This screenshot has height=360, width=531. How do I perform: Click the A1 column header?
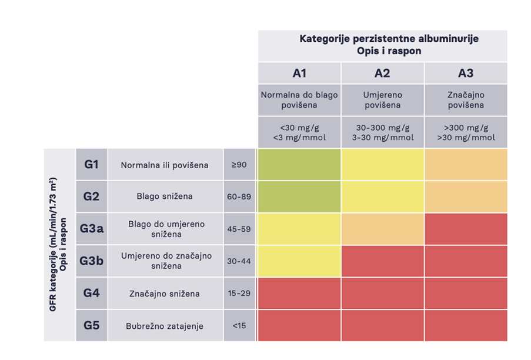[299, 74]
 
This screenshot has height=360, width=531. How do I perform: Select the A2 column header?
[382, 74]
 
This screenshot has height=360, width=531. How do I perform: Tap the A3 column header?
[466, 74]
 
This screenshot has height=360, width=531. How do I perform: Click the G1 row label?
[91, 165]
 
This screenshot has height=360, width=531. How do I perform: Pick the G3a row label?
[91, 229]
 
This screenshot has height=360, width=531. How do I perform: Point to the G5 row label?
[91, 325]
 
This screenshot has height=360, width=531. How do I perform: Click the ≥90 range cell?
[239, 165]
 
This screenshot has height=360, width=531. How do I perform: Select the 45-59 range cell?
[239, 229]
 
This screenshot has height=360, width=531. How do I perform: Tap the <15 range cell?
[239, 325]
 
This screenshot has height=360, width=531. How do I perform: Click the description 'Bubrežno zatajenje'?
[165, 325]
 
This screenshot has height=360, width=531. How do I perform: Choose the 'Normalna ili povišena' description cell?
[165, 165]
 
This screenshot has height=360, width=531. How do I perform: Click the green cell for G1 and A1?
[299, 165]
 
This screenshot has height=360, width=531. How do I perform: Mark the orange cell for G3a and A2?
[382, 229]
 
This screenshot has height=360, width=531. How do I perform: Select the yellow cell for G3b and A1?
[299, 261]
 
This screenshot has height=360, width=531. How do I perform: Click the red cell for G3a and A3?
[466, 229]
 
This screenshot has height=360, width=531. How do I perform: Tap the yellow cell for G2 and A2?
[382, 196]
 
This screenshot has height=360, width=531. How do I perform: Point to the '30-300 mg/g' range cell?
[382, 132]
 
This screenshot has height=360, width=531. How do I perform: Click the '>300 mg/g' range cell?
[466, 132]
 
